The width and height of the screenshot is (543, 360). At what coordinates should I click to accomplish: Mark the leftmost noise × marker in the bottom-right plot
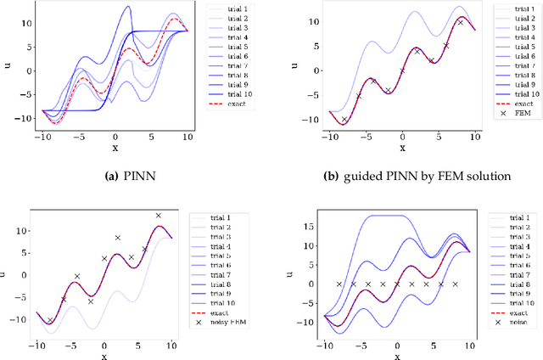pos(339,284)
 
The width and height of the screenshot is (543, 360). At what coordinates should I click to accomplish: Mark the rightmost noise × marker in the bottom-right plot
pos(455,284)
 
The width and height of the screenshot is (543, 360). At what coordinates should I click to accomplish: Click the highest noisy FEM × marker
pos(158,216)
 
